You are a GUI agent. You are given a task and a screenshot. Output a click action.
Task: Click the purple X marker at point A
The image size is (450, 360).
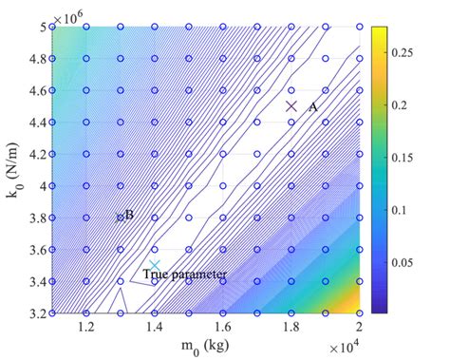292,106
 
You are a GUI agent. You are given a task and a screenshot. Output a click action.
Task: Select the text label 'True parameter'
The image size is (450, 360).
185,275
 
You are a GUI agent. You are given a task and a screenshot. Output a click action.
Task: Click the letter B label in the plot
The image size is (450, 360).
129,215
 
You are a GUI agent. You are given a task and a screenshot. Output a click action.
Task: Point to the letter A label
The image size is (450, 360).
312,107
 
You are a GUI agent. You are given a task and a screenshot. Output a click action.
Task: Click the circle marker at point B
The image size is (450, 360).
121,218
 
